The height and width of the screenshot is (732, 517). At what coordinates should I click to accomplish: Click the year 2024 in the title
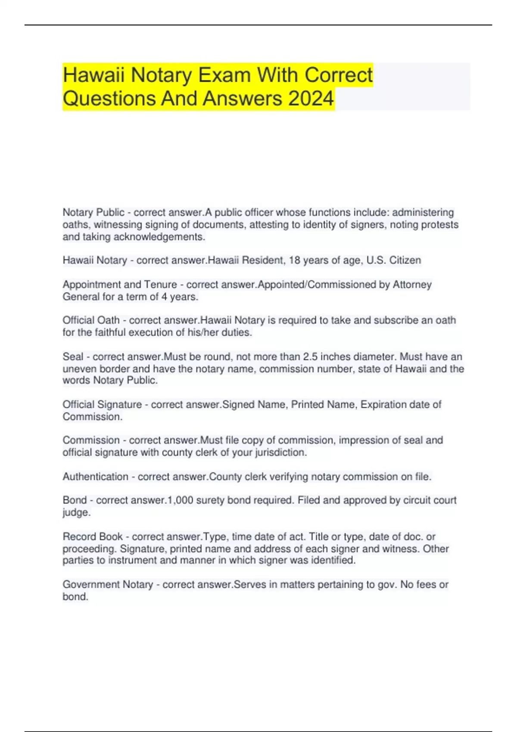click(x=311, y=99)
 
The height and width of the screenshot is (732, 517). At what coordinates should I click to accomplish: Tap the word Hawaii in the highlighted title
click(x=93, y=75)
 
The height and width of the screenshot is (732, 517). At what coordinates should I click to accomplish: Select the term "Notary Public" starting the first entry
click(x=93, y=213)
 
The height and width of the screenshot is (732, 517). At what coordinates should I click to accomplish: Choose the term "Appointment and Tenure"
click(x=120, y=285)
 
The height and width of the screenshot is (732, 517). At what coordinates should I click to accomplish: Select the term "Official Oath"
click(x=91, y=320)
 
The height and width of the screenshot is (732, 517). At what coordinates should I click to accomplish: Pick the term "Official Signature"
click(x=102, y=405)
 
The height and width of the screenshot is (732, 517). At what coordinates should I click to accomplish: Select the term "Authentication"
click(x=95, y=477)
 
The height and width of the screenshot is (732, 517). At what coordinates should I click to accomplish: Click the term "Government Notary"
click(x=108, y=585)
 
